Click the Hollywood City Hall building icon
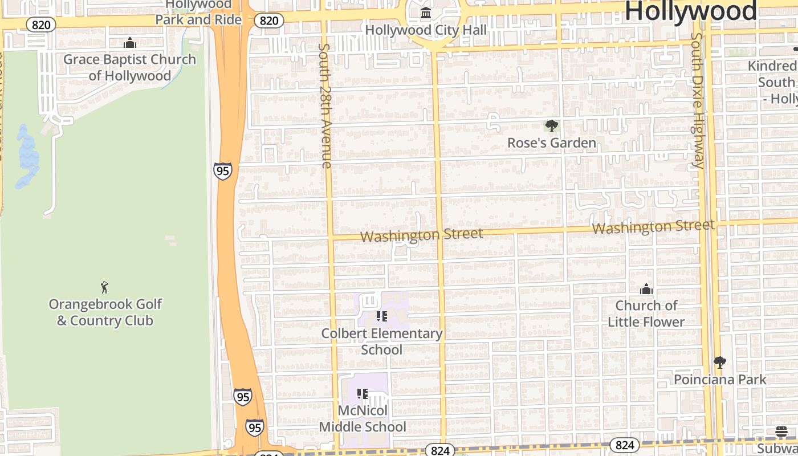click(426, 13)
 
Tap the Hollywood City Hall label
click(426, 30)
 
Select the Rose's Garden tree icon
click(551, 126)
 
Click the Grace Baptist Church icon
click(130, 43)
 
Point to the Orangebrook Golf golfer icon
click(104, 287)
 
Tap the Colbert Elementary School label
click(382, 341)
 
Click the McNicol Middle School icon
click(363, 393)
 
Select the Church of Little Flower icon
click(646, 290)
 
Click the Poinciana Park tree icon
click(720, 363)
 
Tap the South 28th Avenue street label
click(325, 105)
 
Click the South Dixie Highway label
click(697, 100)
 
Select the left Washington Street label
click(422, 234)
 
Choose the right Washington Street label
click(653, 227)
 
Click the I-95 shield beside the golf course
click(223, 170)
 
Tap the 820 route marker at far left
click(41, 25)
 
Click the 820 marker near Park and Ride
click(268, 21)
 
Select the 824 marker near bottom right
click(624, 445)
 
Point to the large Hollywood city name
click(691, 11)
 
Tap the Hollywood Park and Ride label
click(198, 13)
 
